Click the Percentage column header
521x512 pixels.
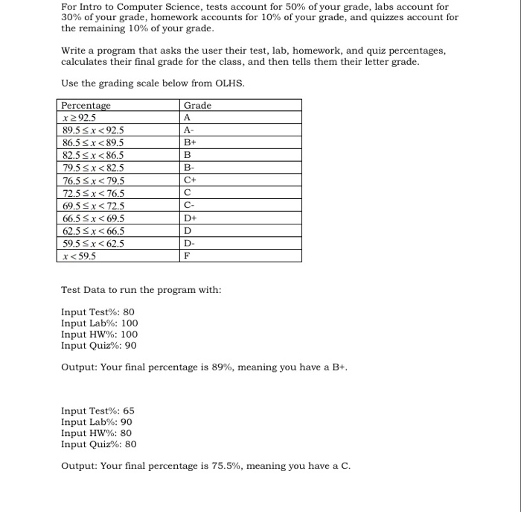point(86,106)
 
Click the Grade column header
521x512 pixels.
point(197,106)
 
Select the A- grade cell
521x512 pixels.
point(188,129)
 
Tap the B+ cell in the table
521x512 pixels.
point(189,142)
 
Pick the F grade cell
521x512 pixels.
point(187,256)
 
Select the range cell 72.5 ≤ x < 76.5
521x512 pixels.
point(94,193)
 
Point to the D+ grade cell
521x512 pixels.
point(190,218)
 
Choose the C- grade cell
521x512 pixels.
point(188,205)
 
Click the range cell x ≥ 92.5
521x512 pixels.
point(80,117)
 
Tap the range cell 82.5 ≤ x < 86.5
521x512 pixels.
point(94,155)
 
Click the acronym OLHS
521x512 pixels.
point(227,83)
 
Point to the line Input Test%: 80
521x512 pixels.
point(98,312)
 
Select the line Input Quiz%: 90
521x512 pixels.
point(99,345)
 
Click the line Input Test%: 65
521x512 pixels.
point(98,411)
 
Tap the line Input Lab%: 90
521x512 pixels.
point(97,422)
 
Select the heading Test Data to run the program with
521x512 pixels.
point(141,289)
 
